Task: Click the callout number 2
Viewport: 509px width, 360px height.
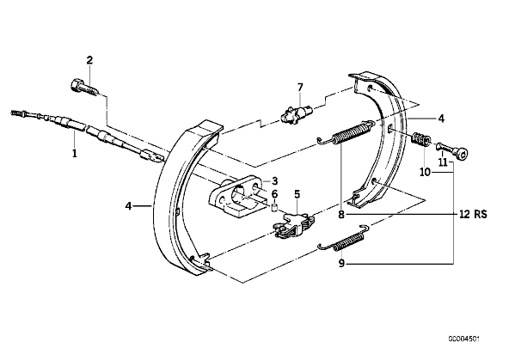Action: click(x=89, y=60)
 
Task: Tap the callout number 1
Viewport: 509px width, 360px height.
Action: click(x=75, y=153)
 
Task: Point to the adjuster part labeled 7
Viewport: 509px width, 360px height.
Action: click(x=297, y=113)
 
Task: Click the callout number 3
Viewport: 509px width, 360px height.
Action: click(x=274, y=180)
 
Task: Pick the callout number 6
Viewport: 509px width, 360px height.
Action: click(x=274, y=194)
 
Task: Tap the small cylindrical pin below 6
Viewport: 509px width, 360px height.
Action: click(x=274, y=208)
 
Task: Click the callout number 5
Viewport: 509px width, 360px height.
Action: click(x=297, y=194)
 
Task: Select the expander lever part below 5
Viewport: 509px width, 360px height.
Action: click(x=294, y=226)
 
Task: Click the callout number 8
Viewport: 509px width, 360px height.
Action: click(x=340, y=215)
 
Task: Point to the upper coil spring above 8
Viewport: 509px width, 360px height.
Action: click(x=346, y=133)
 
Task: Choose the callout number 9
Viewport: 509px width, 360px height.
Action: click(x=340, y=264)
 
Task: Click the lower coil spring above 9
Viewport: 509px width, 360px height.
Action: click(x=344, y=239)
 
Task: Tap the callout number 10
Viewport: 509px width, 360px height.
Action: click(x=425, y=172)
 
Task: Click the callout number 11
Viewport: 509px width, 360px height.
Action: click(x=443, y=162)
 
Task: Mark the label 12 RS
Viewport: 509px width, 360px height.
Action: click(x=473, y=215)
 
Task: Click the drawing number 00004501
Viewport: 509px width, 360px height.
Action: click(x=464, y=339)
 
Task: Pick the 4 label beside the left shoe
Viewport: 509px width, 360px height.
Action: click(x=129, y=205)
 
